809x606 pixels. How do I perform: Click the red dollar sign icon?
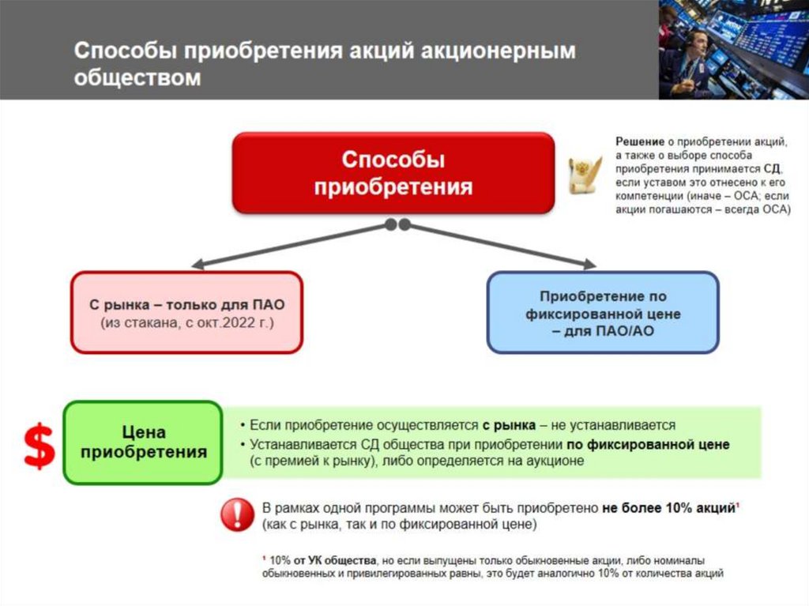tap(39, 446)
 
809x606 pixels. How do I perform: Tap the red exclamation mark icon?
tap(236, 515)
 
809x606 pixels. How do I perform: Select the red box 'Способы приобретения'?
tap(393, 173)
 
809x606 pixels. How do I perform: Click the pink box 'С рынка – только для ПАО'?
tap(186, 313)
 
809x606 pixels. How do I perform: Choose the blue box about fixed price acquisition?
tap(603, 313)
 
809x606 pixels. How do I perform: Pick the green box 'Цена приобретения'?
tap(143, 442)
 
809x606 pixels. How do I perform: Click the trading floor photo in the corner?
tap(733, 49)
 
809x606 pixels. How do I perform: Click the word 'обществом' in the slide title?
tap(137, 79)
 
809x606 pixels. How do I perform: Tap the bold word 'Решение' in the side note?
tap(639, 141)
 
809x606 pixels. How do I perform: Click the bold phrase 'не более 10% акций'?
tap(668, 508)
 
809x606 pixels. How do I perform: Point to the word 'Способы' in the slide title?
tap(126, 51)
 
